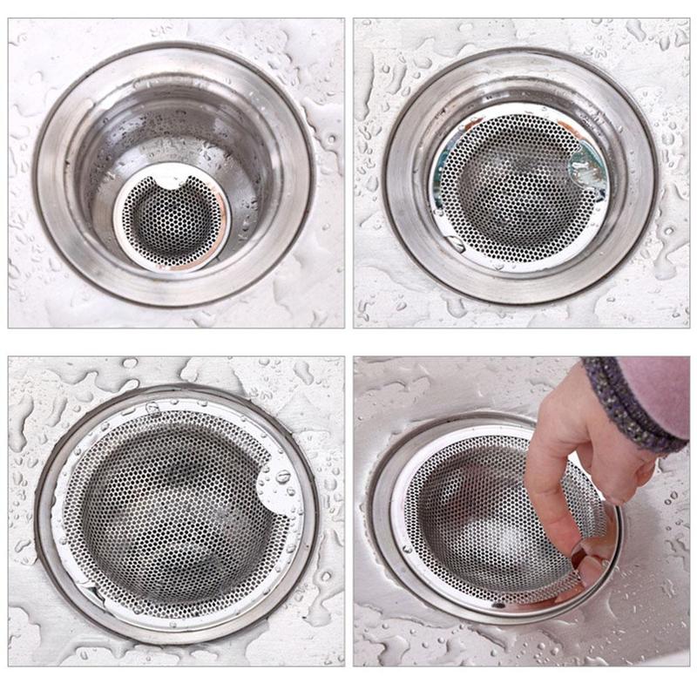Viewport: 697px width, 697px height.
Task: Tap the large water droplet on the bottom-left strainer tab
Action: pos(283,476)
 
